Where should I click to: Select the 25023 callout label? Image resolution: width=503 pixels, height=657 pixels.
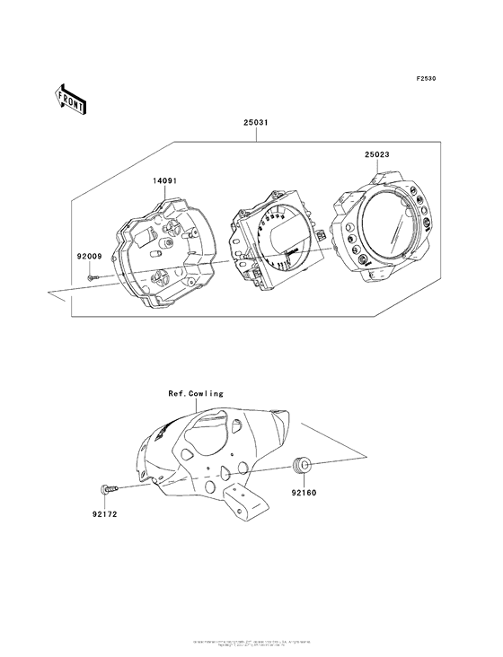point(377,153)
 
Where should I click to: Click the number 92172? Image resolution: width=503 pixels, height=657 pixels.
point(103,515)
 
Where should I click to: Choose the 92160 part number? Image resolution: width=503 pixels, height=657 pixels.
point(303,493)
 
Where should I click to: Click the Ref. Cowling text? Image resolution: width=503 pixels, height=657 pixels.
point(195,394)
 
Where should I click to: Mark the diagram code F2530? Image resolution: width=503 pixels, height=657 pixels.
point(425,79)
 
